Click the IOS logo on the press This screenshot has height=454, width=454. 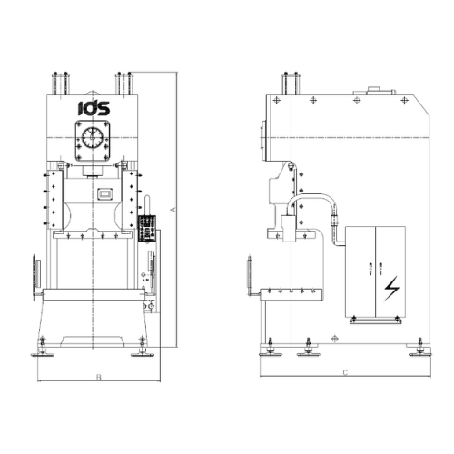(x=94, y=108)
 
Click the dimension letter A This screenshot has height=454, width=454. (x=173, y=209)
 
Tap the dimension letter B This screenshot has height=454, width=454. (x=99, y=377)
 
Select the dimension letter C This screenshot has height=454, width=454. (x=345, y=372)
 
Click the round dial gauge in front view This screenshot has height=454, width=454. (x=93, y=137)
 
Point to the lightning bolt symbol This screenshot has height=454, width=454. (x=391, y=289)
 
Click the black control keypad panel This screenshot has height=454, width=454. (x=147, y=229)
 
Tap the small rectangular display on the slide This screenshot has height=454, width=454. (x=105, y=194)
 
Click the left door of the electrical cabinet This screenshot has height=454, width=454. (x=360, y=271)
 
